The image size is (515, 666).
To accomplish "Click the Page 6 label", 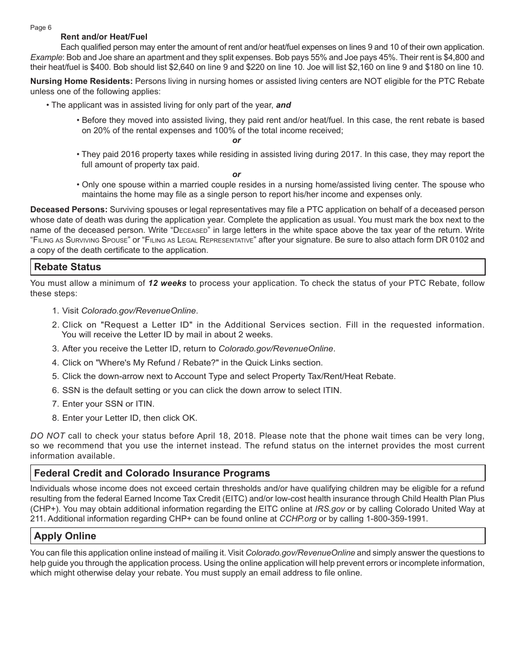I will pos(41,28).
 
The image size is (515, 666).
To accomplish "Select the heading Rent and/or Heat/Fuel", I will pos(104,37).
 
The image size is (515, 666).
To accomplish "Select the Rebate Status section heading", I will pos(67,267).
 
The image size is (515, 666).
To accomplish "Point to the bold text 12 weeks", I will pos(168,283).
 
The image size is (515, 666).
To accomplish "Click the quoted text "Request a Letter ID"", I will pos(146,325).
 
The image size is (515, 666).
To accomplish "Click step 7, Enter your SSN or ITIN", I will pos(108,404).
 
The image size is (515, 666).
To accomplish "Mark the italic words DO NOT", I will pos(48,436).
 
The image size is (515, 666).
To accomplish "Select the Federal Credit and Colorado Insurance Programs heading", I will pos(152,473).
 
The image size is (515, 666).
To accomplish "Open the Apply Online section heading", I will pos(65,536).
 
